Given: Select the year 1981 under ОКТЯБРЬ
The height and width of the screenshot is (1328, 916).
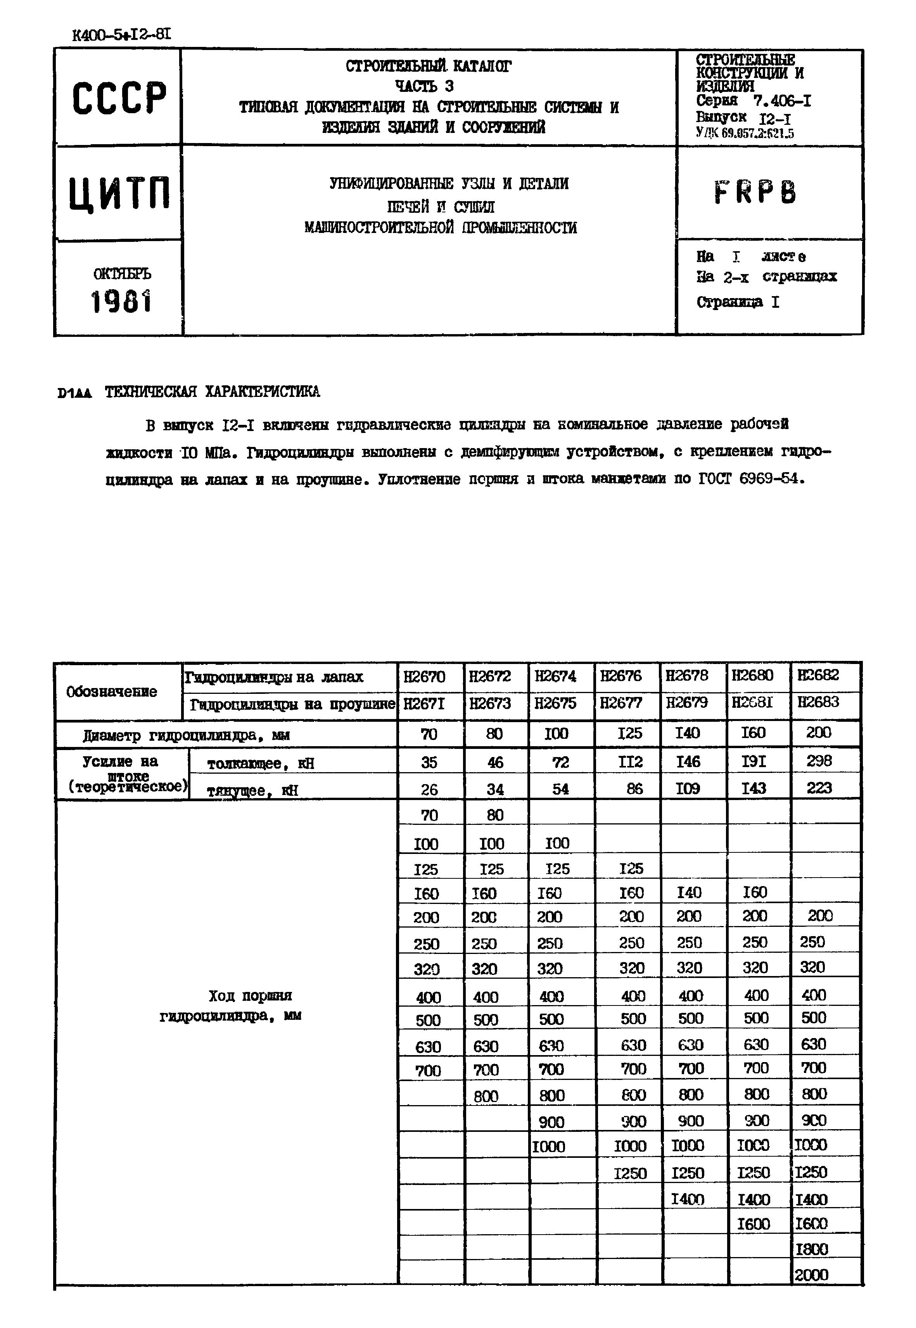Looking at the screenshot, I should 121,301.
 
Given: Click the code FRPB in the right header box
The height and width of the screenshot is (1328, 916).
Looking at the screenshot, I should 755,192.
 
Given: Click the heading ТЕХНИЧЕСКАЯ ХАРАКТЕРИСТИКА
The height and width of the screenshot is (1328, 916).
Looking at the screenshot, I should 213,392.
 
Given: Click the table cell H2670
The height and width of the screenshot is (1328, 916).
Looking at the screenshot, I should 424,677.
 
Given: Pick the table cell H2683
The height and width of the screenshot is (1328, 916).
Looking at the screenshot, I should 818,702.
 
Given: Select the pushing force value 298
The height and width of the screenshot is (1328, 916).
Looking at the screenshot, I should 818,761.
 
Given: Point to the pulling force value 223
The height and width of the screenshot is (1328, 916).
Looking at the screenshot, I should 818,788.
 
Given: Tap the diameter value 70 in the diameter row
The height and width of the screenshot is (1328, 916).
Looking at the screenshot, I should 429,734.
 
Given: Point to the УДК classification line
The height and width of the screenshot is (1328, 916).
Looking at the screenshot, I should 744,134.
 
